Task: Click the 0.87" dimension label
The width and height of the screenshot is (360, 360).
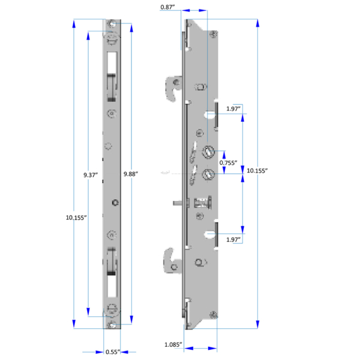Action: click(x=167, y=7)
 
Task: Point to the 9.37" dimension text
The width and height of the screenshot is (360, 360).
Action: click(x=91, y=175)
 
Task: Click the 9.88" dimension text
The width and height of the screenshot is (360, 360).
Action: click(x=130, y=174)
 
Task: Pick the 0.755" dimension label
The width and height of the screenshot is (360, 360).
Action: click(x=228, y=163)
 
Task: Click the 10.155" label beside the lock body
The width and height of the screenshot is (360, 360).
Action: click(x=257, y=171)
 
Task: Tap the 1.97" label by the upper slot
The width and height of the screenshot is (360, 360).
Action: click(x=233, y=109)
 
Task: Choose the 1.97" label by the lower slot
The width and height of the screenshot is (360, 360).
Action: click(x=233, y=239)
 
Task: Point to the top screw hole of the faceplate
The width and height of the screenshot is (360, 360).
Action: click(x=113, y=25)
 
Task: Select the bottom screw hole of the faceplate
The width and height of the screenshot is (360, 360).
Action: click(x=113, y=325)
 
